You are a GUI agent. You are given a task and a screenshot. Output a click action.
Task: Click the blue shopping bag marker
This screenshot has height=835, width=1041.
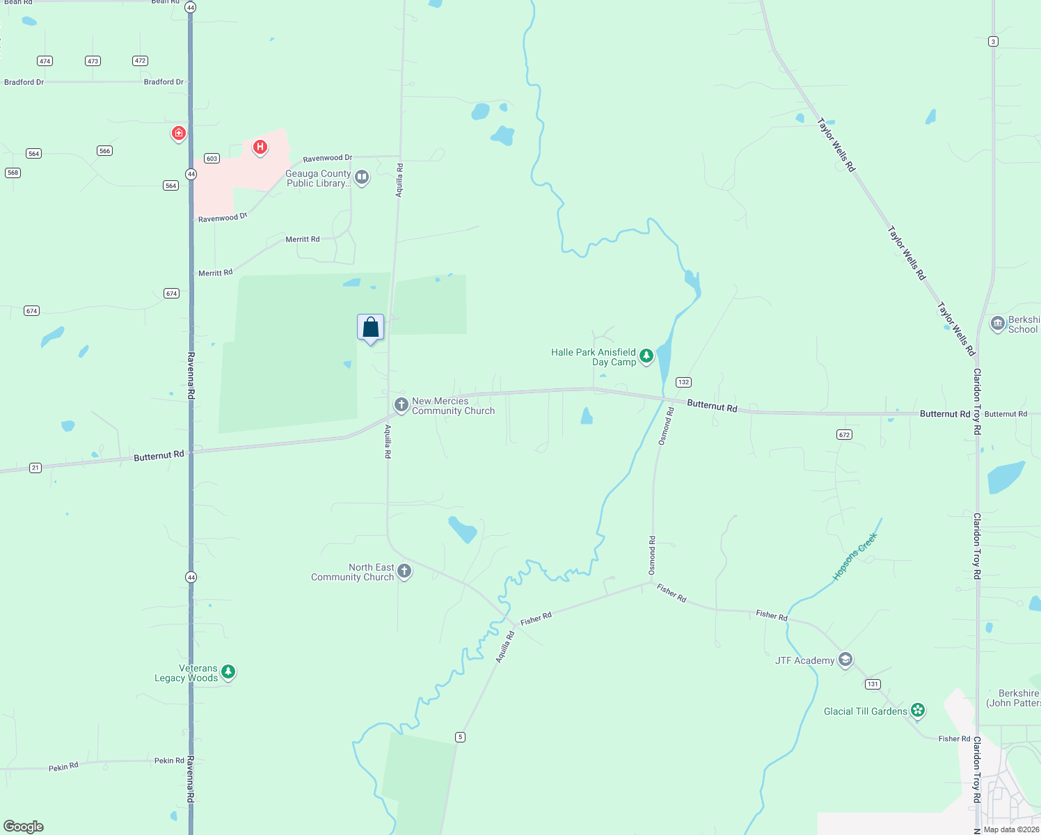pos(370,328)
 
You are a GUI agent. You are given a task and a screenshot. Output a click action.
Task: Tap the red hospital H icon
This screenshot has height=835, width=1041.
pos(260,147)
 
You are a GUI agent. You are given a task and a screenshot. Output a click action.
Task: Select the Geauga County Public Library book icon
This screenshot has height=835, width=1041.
pos(362,177)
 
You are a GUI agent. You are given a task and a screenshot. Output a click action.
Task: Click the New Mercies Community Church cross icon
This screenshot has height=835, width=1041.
pos(401,404)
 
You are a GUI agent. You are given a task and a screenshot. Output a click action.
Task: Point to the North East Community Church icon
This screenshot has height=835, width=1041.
pos(404,571)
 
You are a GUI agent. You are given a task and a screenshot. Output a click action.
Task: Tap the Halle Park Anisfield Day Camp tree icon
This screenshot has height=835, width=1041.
pos(646,356)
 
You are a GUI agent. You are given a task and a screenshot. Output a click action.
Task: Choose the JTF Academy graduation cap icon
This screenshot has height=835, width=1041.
pos(845,660)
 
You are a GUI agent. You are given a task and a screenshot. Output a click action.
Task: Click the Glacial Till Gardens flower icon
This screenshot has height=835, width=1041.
pos(918,710)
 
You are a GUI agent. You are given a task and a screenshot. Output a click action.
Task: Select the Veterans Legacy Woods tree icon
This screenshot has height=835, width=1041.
pos(228,672)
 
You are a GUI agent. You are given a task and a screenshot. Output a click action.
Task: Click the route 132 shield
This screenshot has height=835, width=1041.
pos(683,382)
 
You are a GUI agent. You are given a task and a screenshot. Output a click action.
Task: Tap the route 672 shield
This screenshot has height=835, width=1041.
pos(844,434)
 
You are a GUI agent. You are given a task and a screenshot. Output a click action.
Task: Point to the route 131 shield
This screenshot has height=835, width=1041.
pos(873,684)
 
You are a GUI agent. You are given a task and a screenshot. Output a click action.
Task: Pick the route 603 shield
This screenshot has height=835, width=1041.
pos(212,159)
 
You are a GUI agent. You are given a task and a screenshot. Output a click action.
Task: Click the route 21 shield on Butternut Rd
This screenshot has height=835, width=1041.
pos(35,468)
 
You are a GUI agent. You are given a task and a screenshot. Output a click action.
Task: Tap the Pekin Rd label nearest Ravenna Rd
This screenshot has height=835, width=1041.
pos(169,761)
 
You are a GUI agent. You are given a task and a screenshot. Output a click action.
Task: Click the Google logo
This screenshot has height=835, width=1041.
pos(24,827)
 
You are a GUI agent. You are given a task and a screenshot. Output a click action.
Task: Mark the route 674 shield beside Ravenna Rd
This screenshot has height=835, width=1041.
pos(172,294)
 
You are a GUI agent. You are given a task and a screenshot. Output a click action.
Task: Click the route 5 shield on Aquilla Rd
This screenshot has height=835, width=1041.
pos(460,737)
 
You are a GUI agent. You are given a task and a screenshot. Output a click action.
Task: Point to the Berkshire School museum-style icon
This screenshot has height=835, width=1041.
pos(998,323)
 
